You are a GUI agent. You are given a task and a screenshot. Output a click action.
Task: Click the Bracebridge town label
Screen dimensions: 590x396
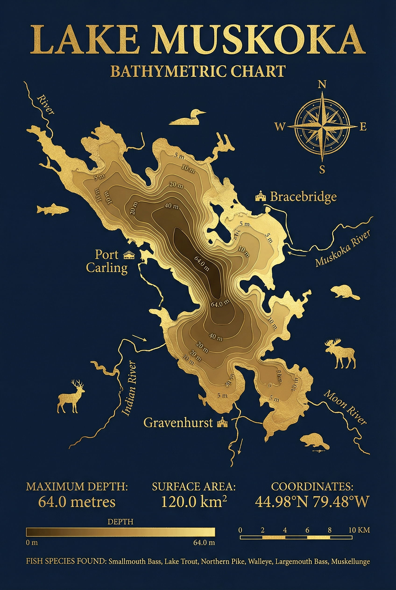(303, 197)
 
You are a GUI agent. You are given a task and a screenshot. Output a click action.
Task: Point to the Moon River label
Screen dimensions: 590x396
(345, 407)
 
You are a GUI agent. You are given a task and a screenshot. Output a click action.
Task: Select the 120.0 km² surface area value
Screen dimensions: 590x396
(194, 502)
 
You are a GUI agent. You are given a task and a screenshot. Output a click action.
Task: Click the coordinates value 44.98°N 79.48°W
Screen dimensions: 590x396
(312, 502)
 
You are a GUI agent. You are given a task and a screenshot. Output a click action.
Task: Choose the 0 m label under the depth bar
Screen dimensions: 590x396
(32, 543)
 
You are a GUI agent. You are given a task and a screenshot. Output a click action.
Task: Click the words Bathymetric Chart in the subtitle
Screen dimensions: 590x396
(198, 71)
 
